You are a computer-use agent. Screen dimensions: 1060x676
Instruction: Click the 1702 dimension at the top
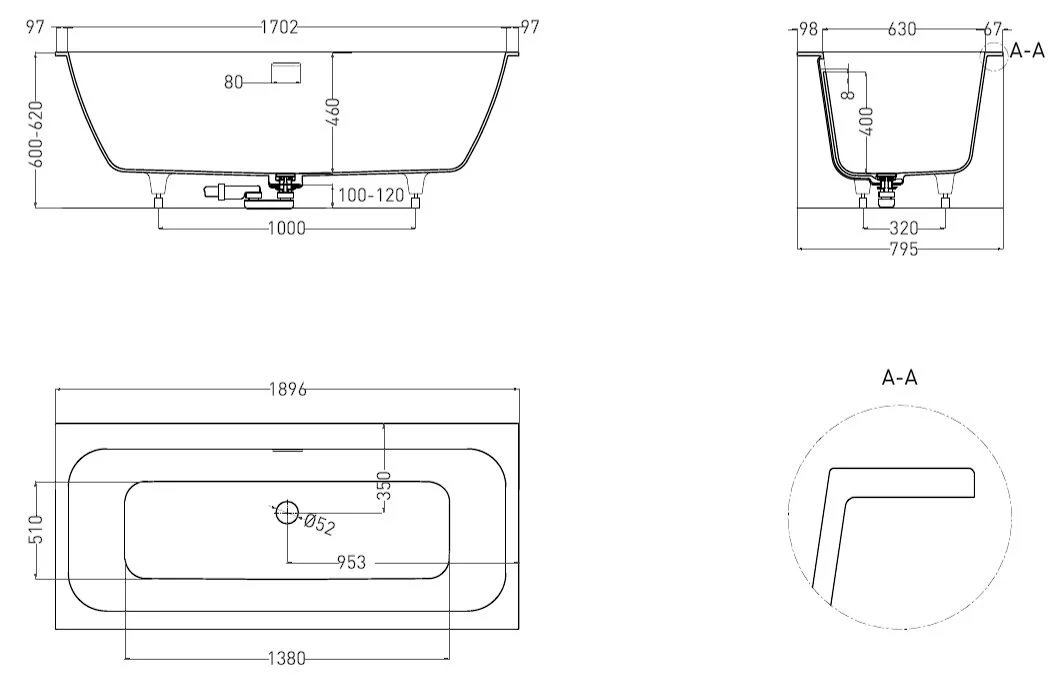coord(279,27)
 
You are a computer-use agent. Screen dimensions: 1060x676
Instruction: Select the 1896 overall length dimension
coord(288,389)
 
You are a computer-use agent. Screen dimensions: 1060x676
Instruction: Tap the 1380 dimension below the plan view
coord(287,658)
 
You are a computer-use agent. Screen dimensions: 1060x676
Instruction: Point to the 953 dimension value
coord(351,562)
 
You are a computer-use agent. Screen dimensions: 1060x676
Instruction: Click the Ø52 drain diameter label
coord(319,524)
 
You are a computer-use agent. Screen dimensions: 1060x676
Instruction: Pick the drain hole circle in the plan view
coord(287,512)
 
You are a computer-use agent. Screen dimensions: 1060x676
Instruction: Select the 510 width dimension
coord(36,529)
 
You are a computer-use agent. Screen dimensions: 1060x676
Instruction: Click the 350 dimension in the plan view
coord(384,485)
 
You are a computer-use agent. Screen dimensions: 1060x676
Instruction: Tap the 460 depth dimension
coord(333,112)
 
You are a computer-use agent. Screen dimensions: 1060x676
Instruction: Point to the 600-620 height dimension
coord(36,134)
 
